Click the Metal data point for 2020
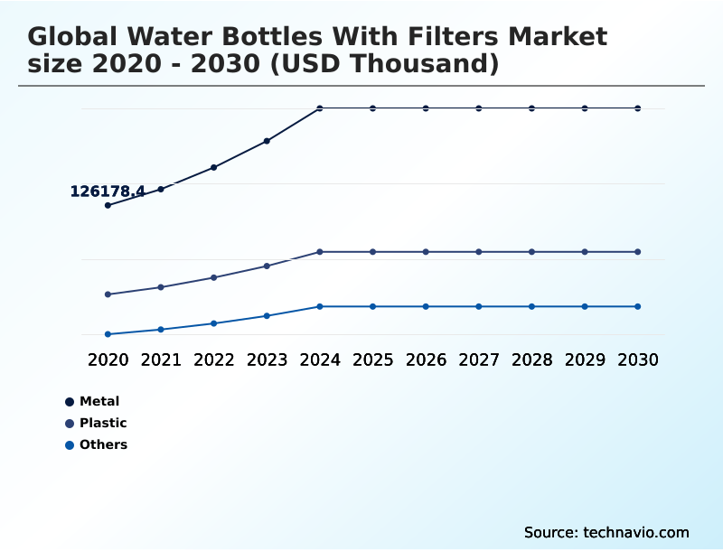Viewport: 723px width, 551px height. (108, 205)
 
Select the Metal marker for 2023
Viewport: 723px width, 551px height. (267, 141)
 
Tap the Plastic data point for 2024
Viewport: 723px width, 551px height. (320, 252)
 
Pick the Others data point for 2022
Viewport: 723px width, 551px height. (214, 323)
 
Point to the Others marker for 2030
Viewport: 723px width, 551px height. (638, 306)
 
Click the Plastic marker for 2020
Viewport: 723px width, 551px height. (108, 294)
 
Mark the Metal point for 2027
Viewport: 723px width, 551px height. (479, 108)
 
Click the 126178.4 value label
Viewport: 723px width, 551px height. (108, 191)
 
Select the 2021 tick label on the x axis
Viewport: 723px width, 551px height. (161, 360)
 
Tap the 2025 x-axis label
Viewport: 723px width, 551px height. (372, 360)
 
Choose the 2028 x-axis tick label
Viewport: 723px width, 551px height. (531, 360)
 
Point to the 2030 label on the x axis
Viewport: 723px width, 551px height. (638, 360)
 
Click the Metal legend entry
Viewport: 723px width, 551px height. (99, 401)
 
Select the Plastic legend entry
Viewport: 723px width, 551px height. (102, 423)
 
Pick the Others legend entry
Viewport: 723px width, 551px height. (103, 444)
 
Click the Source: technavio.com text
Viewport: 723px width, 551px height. (606, 532)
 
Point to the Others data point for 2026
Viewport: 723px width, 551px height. (426, 306)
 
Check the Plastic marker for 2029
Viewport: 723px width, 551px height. (585, 252)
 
